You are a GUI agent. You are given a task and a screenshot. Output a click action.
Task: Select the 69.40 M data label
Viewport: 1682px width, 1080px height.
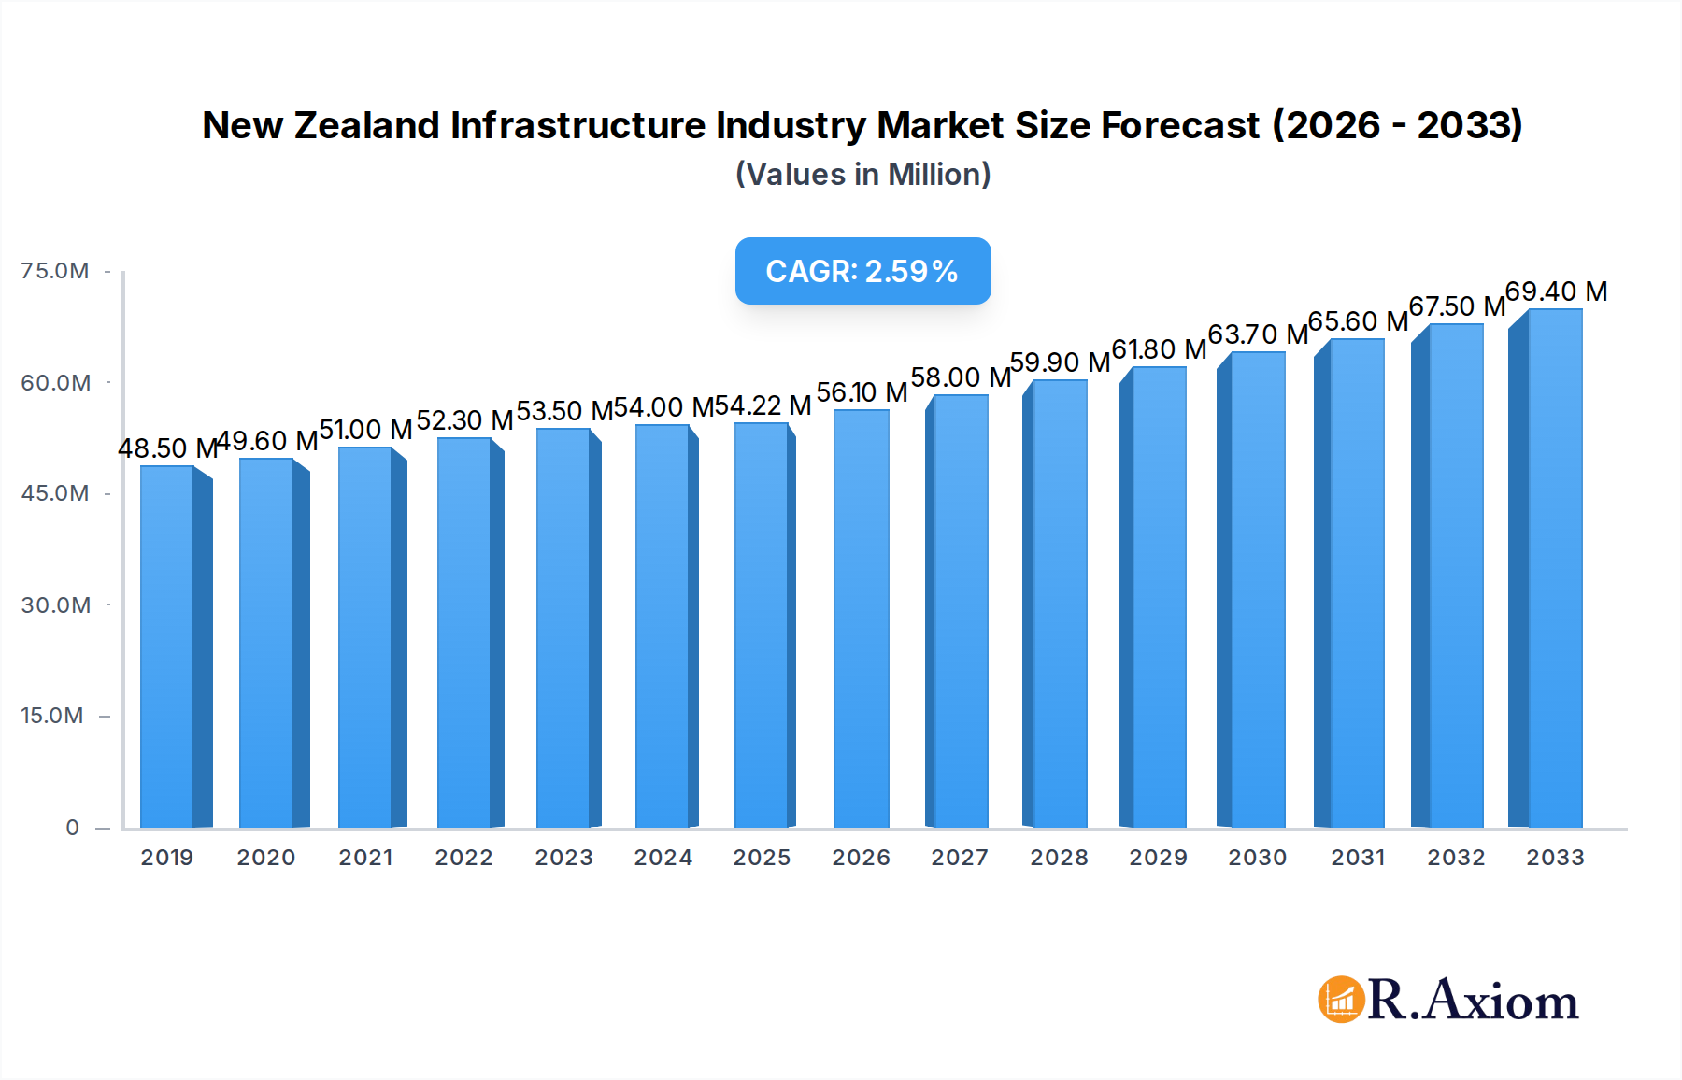pyautogui.click(x=1556, y=291)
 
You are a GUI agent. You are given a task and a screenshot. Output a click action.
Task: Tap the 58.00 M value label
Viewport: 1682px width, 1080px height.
pyautogui.click(x=961, y=377)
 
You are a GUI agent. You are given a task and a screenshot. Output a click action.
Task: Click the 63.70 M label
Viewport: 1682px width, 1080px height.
pyautogui.click(x=1258, y=334)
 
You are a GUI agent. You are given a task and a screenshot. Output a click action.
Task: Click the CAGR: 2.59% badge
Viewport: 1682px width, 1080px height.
pyautogui.click(x=862, y=271)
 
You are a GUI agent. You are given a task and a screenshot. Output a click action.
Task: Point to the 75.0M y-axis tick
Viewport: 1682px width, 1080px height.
pyautogui.click(x=55, y=271)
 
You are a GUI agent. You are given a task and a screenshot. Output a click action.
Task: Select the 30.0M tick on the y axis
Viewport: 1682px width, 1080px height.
pyautogui.click(x=56, y=605)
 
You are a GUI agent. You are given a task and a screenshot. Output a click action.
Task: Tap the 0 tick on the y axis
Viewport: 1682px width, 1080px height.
pyautogui.click(x=72, y=828)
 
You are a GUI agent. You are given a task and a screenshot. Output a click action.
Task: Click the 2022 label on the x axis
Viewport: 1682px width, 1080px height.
pyautogui.click(x=463, y=858)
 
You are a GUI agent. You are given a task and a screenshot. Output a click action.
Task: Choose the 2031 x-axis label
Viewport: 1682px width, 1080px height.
pyautogui.click(x=1357, y=858)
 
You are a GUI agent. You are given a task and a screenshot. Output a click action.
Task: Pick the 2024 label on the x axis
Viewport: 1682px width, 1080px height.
pyautogui.click(x=663, y=858)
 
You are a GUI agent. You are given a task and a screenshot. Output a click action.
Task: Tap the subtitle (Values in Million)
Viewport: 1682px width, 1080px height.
pyautogui.click(x=862, y=175)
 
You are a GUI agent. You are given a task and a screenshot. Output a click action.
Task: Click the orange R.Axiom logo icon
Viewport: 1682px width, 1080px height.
pyautogui.click(x=1341, y=1000)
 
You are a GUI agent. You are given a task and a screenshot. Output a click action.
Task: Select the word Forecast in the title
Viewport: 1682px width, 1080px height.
pyautogui.click(x=1180, y=125)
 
